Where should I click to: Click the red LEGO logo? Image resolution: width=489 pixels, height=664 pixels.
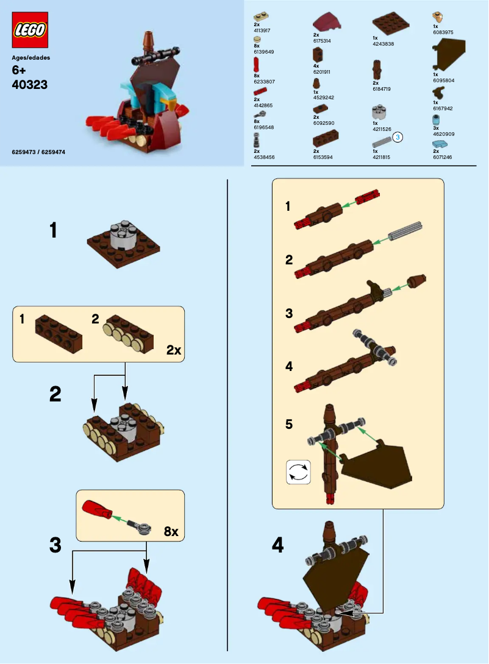tap(30, 30)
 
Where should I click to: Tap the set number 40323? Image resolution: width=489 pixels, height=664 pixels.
tap(30, 85)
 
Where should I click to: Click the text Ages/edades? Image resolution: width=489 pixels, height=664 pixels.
tap(31, 58)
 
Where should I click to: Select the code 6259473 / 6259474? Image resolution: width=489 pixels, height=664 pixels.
tap(38, 152)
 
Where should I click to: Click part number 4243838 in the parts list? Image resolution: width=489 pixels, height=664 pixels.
tap(383, 44)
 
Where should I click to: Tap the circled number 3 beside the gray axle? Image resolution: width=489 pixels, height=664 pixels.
tap(398, 138)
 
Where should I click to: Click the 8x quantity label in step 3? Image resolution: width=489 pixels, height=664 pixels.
tap(171, 531)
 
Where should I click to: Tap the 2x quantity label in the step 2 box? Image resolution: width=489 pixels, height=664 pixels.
tap(173, 350)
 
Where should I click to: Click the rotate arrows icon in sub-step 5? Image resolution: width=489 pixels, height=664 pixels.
tap(299, 472)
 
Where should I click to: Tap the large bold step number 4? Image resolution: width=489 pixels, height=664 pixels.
tap(277, 546)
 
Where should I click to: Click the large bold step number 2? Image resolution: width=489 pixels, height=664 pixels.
tap(55, 395)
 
